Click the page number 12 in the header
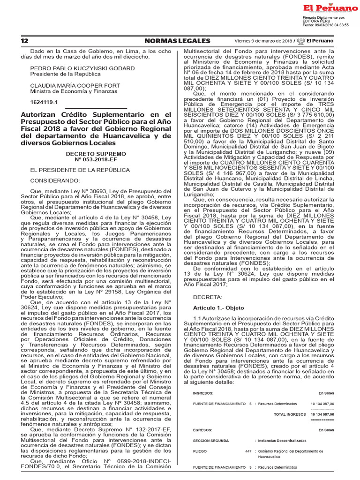(24, 41)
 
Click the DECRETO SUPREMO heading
(96, 153)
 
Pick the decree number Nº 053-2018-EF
(96, 159)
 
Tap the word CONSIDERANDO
(55, 180)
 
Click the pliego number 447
(248, 451)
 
